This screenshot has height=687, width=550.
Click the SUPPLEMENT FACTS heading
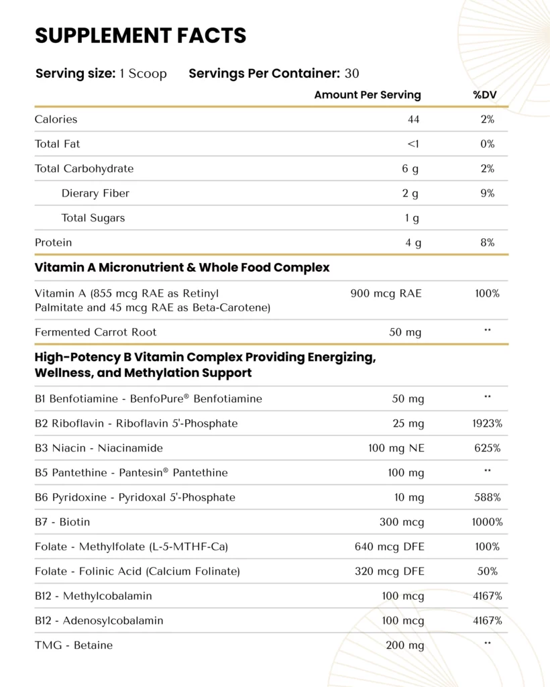tap(141, 35)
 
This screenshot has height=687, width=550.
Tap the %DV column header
tap(484, 95)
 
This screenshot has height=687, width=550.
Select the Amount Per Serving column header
tap(368, 95)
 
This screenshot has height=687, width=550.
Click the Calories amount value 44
tap(413, 119)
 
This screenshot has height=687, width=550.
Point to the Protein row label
tap(53, 242)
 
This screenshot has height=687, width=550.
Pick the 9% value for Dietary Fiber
tap(488, 193)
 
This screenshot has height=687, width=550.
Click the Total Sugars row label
tap(93, 218)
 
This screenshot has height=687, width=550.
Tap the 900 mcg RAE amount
tap(386, 293)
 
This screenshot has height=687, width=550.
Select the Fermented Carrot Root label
tap(95, 332)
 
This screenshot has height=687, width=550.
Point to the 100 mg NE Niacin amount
tap(396, 448)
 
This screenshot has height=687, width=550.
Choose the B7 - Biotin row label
tap(62, 522)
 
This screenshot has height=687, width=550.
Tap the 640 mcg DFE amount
tap(389, 547)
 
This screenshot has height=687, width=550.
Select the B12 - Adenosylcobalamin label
tap(99, 621)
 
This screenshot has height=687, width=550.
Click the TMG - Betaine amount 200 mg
tap(405, 645)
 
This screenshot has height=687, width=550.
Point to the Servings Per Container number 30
tap(352, 73)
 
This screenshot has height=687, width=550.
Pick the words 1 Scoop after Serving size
tap(143, 73)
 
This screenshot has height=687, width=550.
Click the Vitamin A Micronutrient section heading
tap(182, 267)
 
